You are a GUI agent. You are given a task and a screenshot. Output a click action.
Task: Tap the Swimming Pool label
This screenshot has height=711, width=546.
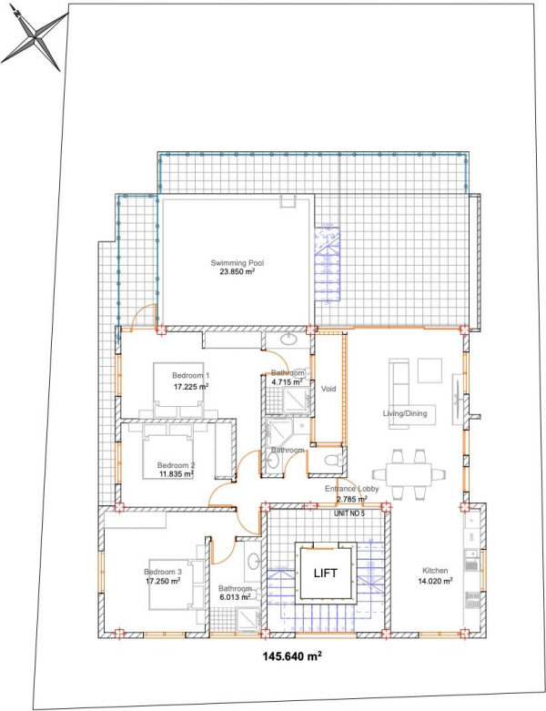(237, 262)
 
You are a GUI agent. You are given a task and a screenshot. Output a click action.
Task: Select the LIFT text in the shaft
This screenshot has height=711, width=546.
(326, 574)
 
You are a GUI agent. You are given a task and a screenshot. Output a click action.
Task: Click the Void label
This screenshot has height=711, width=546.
(329, 389)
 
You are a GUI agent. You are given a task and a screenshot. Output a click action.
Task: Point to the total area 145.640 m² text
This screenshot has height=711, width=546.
(293, 655)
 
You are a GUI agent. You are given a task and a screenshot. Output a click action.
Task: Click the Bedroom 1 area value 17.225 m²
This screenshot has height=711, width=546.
(191, 387)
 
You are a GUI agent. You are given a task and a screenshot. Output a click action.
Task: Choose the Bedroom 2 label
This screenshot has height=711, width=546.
(177, 465)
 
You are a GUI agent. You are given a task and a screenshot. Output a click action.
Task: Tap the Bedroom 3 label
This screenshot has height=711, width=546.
(163, 572)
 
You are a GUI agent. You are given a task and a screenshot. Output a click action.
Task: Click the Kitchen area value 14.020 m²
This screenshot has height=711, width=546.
(435, 580)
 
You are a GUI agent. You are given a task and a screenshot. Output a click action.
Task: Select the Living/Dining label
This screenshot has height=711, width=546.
(405, 413)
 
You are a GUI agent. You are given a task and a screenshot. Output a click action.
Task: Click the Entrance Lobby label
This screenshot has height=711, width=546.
(351, 489)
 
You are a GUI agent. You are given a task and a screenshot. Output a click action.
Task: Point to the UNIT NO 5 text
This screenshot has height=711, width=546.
(349, 513)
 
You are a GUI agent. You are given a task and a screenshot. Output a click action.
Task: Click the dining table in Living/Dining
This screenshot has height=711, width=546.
(409, 474)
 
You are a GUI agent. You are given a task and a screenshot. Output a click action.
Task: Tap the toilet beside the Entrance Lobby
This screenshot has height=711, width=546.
(334, 460)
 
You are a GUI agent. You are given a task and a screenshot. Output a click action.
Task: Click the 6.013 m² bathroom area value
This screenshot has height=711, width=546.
(235, 597)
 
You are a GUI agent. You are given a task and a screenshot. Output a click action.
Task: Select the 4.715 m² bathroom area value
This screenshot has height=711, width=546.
(287, 381)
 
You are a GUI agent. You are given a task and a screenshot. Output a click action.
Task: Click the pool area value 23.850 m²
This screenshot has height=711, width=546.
(237, 272)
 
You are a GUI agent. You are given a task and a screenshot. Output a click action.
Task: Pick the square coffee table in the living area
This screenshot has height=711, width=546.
(430, 371)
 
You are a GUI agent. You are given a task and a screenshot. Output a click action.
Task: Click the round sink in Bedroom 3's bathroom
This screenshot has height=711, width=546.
(253, 562)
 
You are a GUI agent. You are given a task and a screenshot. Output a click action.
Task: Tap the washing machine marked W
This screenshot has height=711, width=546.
(302, 426)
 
